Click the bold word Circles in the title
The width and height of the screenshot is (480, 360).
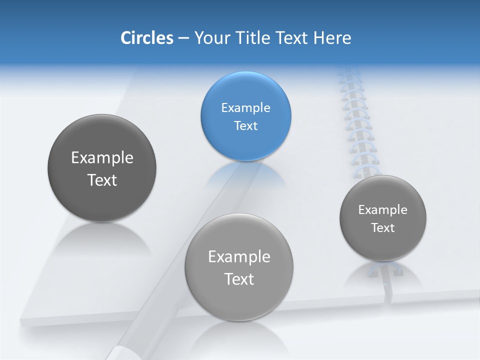click(x=146, y=38)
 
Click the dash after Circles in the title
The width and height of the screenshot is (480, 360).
click(x=183, y=38)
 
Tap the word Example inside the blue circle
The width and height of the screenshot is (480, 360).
click(x=245, y=108)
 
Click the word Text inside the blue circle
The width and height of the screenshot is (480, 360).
click(x=245, y=126)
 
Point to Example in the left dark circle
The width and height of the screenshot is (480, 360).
click(x=102, y=158)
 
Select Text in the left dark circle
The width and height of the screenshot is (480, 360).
click(x=102, y=180)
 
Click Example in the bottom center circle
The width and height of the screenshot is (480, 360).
click(x=239, y=257)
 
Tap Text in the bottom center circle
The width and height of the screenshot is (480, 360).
click(x=239, y=279)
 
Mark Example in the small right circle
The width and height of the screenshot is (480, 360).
click(x=383, y=210)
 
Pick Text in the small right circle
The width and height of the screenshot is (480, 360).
click(x=383, y=228)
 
